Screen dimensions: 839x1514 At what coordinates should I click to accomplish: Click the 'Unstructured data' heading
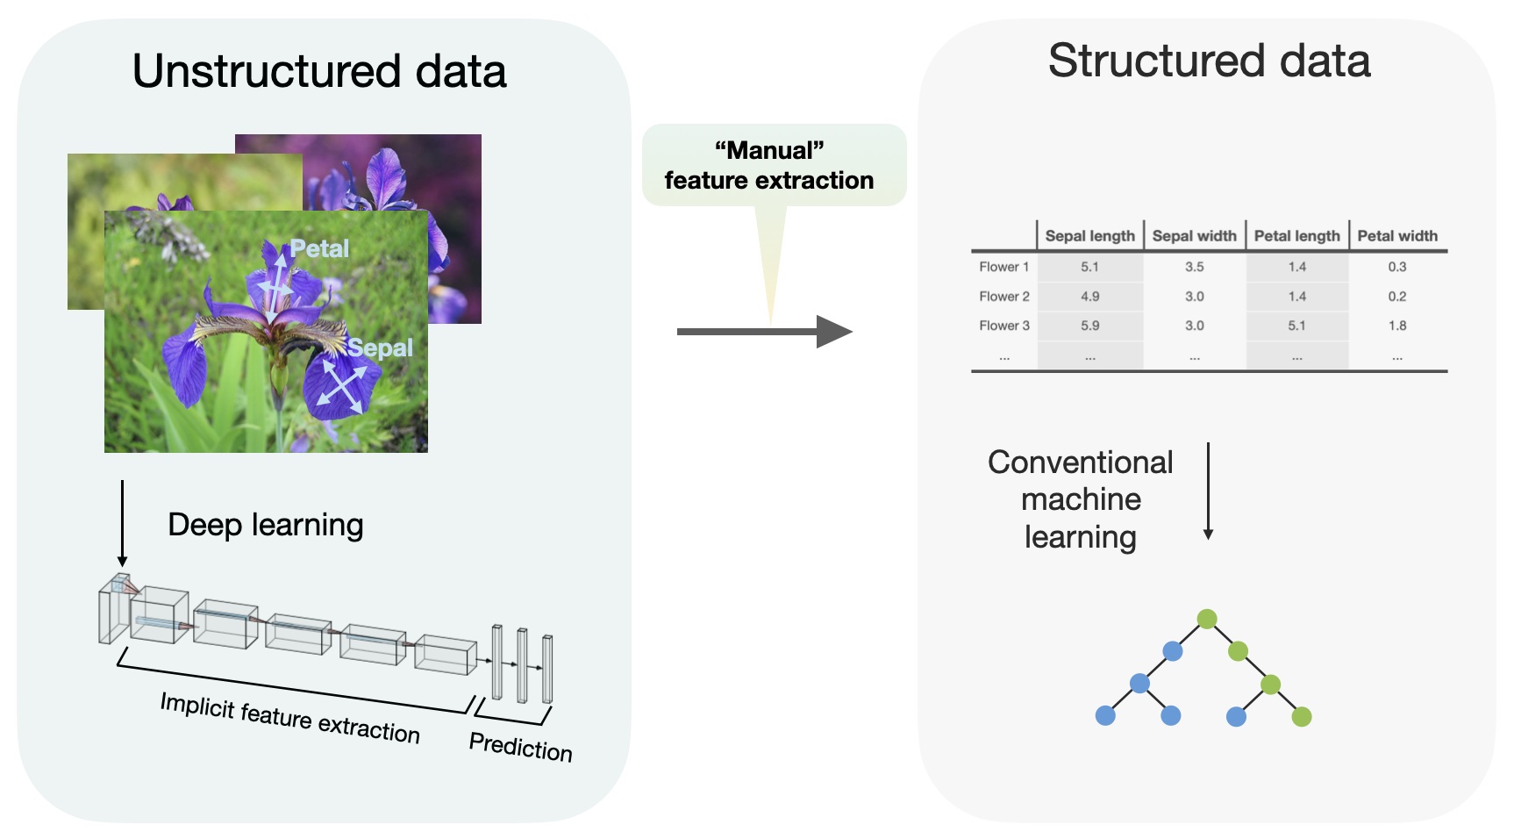(x=319, y=71)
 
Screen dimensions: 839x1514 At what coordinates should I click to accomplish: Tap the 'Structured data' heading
(x=1209, y=61)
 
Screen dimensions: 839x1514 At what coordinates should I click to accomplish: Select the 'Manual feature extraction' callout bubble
(x=769, y=165)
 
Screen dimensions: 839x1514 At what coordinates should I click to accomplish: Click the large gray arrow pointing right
(x=763, y=332)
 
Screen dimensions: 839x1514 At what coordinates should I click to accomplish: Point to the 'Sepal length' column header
(x=1089, y=236)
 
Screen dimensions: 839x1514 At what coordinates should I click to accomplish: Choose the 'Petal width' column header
(x=1397, y=236)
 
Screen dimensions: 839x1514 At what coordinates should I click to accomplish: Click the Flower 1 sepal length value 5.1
(x=1089, y=267)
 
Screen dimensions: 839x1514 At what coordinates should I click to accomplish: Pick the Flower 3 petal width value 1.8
(x=1397, y=326)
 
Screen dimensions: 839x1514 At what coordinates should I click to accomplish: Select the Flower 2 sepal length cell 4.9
(x=1089, y=297)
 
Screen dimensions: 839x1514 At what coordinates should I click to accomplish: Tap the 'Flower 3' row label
(x=1004, y=326)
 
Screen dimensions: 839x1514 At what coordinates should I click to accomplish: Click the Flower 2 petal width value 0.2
(x=1397, y=297)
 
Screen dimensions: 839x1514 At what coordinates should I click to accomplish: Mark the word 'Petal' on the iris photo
(x=319, y=249)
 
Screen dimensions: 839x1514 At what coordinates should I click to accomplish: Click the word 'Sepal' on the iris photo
(x=380, y=348)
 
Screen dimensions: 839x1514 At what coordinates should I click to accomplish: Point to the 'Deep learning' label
(x=265, y=525)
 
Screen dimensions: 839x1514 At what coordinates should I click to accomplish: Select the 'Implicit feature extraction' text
(x=289, y=718)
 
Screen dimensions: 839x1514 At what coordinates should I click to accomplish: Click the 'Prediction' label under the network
(x=520, y=747)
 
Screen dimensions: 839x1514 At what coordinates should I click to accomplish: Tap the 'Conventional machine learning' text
(x=1080, y=499)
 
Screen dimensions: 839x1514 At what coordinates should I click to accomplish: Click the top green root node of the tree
(x=1207, y=619)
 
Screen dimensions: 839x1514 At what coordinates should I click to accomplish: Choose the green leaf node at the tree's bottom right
(x=1302, y=717)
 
